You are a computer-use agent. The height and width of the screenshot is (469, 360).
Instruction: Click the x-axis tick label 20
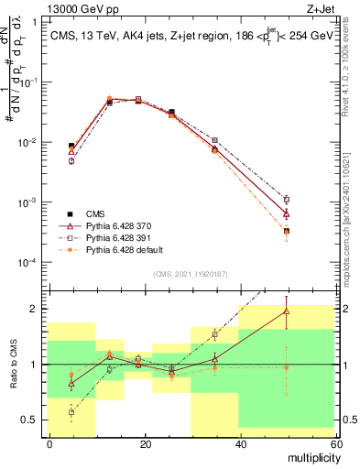pos(145,443)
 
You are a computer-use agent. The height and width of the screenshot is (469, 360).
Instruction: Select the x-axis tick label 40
pos(239,443)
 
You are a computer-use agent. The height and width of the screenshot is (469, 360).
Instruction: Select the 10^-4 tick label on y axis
pos(30,263)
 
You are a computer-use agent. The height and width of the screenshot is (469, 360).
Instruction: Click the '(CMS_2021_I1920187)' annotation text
pos(190,272)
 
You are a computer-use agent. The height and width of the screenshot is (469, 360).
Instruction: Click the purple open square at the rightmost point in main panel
pos(287,199)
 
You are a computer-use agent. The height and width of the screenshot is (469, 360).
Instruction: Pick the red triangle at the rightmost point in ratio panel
pos(287,311)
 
